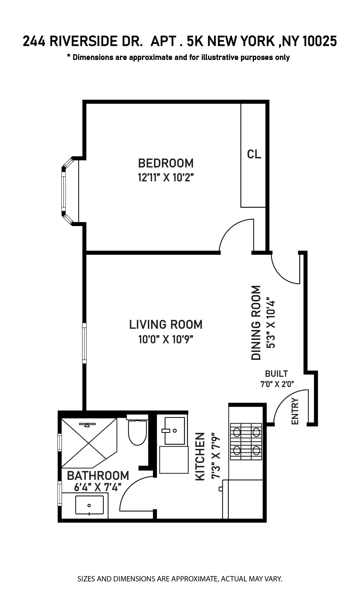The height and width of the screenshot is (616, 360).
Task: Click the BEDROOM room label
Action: pyautogui.click(x=166, y=163)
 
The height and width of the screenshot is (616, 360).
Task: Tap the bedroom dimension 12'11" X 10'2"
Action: pyautogui.click(x=166, y=178)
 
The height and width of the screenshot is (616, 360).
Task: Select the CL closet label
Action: pyautogui.click(x=254, y=154)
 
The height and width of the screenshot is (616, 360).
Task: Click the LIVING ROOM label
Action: pyautogui.click(x=166, y=325)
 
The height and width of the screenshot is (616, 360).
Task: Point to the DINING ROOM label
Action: pyautogui.click(x=256, y=323)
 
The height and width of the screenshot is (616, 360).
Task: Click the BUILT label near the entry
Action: pyautogui.click(x=276, y=374)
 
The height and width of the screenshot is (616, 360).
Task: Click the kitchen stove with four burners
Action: pyautogui.click(x=246, y=441)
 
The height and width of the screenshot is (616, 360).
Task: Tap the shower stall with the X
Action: pyautogui.click(x=89, y=443)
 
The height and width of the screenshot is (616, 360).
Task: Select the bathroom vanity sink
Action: pyautogui.click(x=89, y=505)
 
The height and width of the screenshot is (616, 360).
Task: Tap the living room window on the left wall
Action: pyautogui.click(x=84, y=343)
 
